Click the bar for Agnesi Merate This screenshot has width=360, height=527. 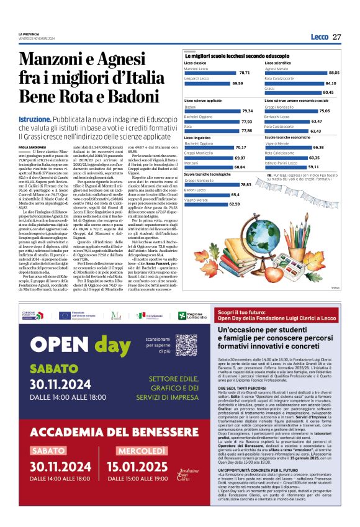(x=305, y=73)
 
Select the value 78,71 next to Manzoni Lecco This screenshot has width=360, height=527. (x=244, y=73)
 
